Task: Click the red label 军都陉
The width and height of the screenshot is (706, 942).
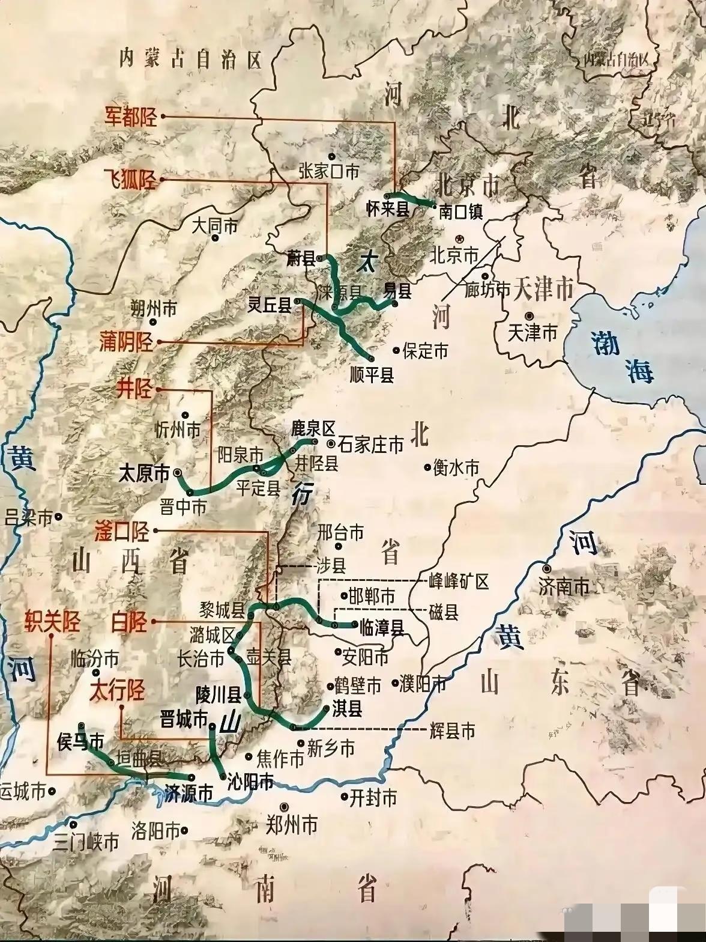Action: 131,117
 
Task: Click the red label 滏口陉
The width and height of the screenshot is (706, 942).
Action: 122,531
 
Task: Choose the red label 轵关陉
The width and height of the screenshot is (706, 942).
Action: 52,621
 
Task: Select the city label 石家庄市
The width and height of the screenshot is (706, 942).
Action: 371,445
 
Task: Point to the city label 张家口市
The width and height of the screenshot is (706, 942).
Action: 328,172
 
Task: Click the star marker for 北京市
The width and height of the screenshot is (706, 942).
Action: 460,239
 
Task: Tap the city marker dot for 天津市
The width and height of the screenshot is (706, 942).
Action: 529,315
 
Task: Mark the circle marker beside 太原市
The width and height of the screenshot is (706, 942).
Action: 178,473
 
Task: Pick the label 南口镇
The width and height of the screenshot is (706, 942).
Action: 460,211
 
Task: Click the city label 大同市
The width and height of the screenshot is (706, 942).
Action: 214,225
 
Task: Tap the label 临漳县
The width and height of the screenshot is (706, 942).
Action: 381,627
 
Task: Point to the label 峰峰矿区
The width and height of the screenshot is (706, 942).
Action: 459,581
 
